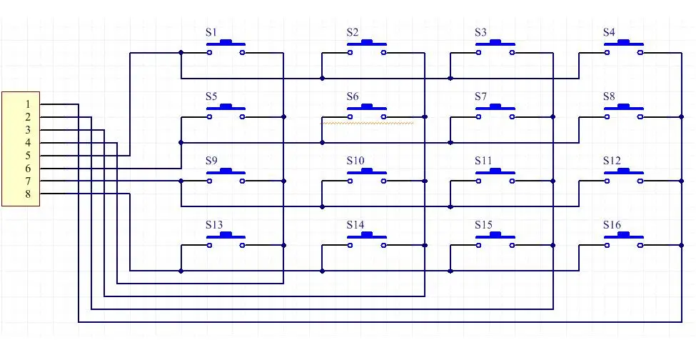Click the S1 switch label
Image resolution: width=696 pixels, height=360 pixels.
point(211,32)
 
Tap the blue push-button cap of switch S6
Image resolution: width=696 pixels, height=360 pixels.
point(367,107)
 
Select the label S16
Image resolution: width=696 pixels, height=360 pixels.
point(612,225)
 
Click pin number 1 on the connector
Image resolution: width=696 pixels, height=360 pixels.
point(28,104)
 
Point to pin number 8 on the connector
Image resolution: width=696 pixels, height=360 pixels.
point(28,194)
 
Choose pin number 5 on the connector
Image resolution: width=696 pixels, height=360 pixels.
point(28,156)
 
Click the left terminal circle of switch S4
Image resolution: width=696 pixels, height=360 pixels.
point(607,53)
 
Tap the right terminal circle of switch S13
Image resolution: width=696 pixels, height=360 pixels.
point(243,245)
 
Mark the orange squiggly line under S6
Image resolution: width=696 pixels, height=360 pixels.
point(368,123)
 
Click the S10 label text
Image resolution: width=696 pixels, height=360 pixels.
point(355,161)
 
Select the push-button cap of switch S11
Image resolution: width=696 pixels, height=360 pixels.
point(495,171)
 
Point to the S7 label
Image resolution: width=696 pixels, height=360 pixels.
point(480,96)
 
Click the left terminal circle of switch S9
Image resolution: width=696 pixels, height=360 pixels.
point(209,181)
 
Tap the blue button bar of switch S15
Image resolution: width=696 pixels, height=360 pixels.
point(495,235)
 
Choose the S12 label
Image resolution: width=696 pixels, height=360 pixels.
point(612,161)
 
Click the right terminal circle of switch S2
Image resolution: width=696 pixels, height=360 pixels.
point(383,53)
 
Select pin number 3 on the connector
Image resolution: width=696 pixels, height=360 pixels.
point(28,130)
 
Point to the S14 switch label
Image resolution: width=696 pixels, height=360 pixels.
point(355,225)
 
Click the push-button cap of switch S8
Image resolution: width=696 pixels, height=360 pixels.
point(624,107)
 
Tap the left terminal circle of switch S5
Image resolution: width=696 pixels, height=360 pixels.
point(209,116)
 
